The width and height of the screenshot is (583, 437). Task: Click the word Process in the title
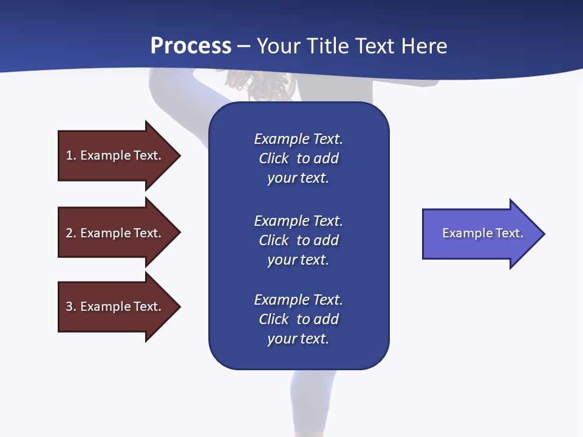(x=191, y=46)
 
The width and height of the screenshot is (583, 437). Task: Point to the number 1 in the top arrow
(x=70, y=155)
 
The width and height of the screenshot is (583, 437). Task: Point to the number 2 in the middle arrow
(x=70, y=233)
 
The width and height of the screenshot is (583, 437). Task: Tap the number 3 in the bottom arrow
(x=70, y=307)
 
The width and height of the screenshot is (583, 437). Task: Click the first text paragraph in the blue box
(x=298, y=158)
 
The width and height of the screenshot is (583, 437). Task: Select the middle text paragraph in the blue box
(x=298, y=240)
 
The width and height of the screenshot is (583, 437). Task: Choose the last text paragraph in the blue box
(x=298, y=319)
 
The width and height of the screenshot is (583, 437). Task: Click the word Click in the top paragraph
(x=273, y=158)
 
